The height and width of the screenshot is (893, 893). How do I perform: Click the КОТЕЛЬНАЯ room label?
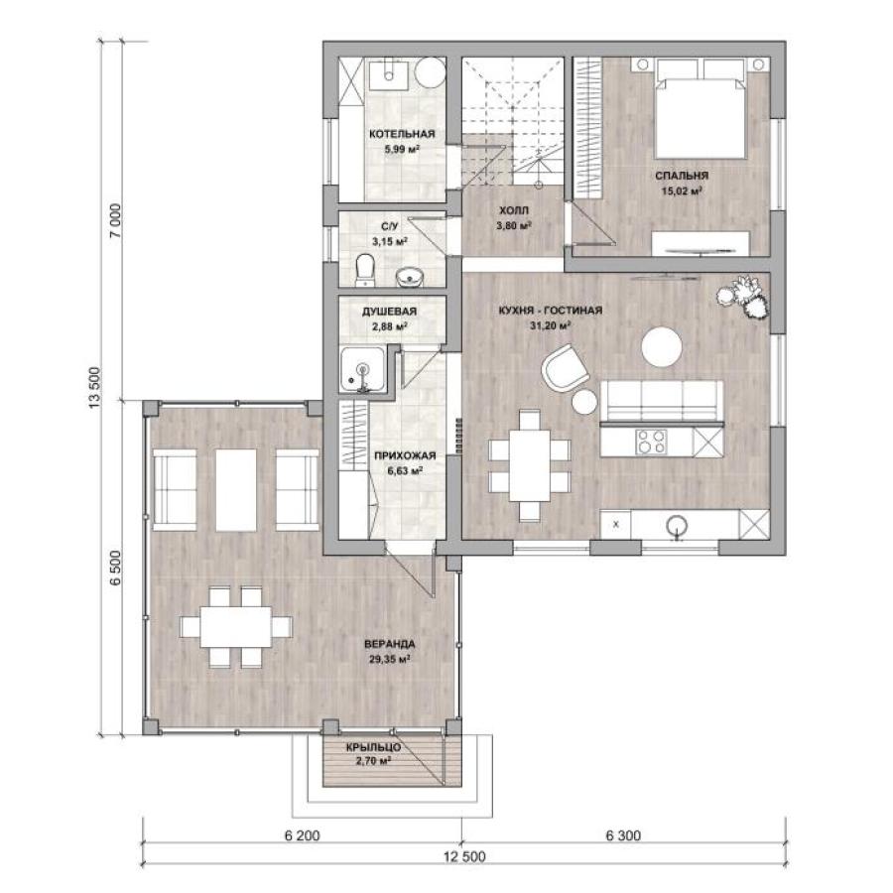(x=402, y=134)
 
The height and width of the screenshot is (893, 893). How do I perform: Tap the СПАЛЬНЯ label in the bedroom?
(x=682, y=176)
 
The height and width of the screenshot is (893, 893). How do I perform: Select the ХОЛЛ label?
(x=514, y=210)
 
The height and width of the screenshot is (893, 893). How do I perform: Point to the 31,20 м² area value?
(x=550, y=325)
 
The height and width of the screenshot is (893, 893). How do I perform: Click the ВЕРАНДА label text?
(x=390, y=644)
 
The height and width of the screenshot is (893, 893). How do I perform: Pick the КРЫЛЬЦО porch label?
(x=374, y=747)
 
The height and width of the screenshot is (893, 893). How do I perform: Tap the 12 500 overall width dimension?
(x=464, y=857)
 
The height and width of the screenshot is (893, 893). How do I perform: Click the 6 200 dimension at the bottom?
(x=303, y=836)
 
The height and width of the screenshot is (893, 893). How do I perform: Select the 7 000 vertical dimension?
(x=116, y=221)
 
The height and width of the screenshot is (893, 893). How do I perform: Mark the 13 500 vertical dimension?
(x=95, y=387)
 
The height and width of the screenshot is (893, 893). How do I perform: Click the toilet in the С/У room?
(x=364, y=270)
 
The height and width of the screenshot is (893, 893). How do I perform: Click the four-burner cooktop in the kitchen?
(x=651, y=442)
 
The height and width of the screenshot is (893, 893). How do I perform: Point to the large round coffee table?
(x=661, y=347)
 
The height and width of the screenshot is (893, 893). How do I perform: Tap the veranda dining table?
(x=235, y=627)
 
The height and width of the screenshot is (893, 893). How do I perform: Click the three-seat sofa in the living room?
(x=662, y=402)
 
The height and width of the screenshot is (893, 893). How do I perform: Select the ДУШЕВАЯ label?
(x=390, y=312)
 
